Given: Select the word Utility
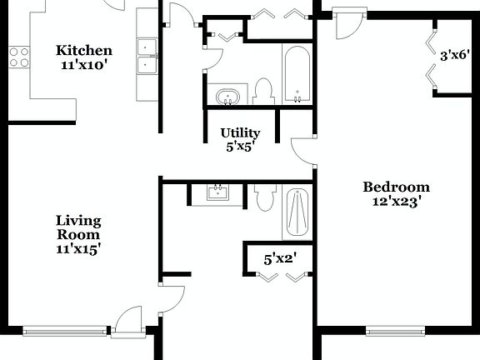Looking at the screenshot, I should (x=240, y=132).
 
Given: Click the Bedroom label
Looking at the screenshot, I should (x=396, y=187).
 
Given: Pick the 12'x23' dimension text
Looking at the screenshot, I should (x=396, y=201).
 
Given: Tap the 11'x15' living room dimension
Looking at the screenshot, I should (x=78, y=248).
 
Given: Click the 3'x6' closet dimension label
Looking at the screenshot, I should (x=455, y=57).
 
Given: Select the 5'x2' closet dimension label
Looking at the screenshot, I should (x=280, y=258).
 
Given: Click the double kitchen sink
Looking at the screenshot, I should (x=147, y=55).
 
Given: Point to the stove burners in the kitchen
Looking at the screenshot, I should (x=18, y=56).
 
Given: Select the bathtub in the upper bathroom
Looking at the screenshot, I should (x=297, y=75).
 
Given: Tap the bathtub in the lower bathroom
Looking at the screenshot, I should (x=296, y=212).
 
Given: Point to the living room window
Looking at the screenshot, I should (x=65, y=330).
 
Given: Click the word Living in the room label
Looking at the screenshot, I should (x=78, y=221).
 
